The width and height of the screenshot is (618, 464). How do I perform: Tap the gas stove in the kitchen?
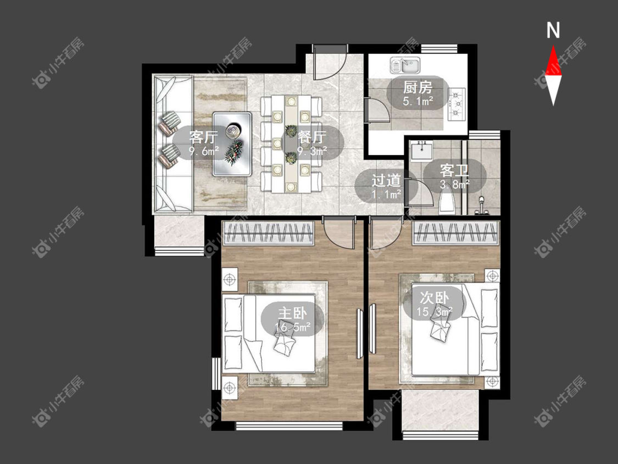click(457, 104)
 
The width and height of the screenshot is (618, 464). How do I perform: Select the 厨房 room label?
click(418, 87)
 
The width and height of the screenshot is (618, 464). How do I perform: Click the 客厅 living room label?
click(203, 137)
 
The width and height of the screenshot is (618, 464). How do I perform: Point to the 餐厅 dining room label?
click(312, 137)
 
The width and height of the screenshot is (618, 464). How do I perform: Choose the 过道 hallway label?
click(386, 180)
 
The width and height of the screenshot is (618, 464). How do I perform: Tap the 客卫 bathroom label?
click(454, 170)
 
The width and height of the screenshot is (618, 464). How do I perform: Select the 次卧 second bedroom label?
click(435, 297)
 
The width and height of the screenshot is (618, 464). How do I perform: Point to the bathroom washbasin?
click(421, 150)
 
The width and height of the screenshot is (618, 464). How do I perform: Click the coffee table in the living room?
click(232, 144)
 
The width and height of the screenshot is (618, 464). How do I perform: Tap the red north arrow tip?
click(553, 46)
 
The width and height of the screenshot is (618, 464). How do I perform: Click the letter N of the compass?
click(553, 30)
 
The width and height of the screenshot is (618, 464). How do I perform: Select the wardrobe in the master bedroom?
click(269, 233)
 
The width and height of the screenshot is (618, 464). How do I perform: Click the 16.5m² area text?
click(293, 327)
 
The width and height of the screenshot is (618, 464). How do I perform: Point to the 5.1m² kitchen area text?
click(418, 101)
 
